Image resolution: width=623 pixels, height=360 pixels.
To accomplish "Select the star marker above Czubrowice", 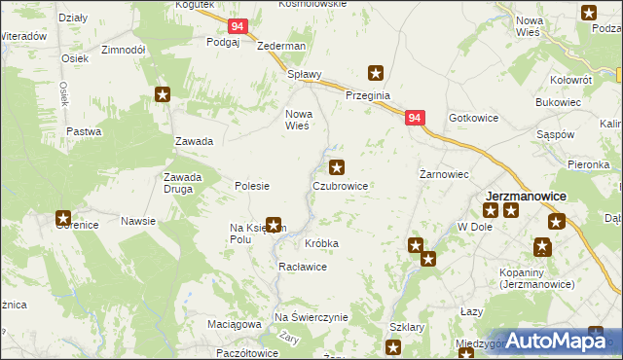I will coord(337,166).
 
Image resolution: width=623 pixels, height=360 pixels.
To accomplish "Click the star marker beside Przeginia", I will coord(375,72).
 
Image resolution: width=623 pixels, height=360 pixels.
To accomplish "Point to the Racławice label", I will coord(302,266).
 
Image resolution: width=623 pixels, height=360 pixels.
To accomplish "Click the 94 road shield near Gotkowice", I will coord(415,118).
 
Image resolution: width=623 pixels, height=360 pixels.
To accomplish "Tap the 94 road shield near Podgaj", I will coord(238,28).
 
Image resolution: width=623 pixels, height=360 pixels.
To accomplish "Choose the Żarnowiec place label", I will coord(444,174).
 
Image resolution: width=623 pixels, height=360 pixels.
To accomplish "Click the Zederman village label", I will coord(281,46).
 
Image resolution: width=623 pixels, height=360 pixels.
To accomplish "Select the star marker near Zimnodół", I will coord(163,94).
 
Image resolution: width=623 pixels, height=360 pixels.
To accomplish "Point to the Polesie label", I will coord(252,185).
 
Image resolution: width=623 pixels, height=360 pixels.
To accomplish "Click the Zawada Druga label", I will coord(182,183).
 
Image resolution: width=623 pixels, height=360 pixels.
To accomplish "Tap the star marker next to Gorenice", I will coord(63,219).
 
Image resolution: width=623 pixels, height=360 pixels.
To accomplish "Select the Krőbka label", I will coord(321,242).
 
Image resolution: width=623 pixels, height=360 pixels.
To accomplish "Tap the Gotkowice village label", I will coord(473,118).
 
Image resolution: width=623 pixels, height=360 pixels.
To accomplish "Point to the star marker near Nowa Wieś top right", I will coord(589,13).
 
